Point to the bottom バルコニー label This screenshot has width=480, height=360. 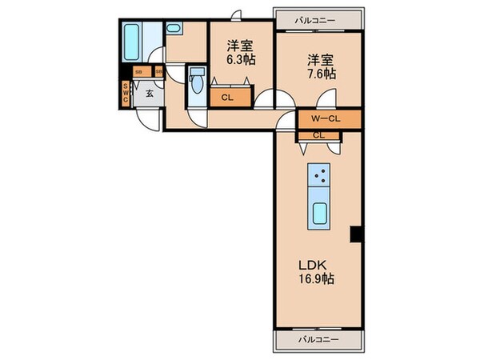(314, 339)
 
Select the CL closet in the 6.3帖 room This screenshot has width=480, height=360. (226, 99)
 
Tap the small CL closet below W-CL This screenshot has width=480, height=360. (318, 134)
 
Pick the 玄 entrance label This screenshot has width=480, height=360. (149, 94)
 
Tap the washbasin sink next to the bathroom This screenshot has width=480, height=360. (174, 28)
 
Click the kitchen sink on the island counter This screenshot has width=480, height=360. (318, 214)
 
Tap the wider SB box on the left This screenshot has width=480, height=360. (139, 72)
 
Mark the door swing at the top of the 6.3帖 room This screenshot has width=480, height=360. (234, 14)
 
